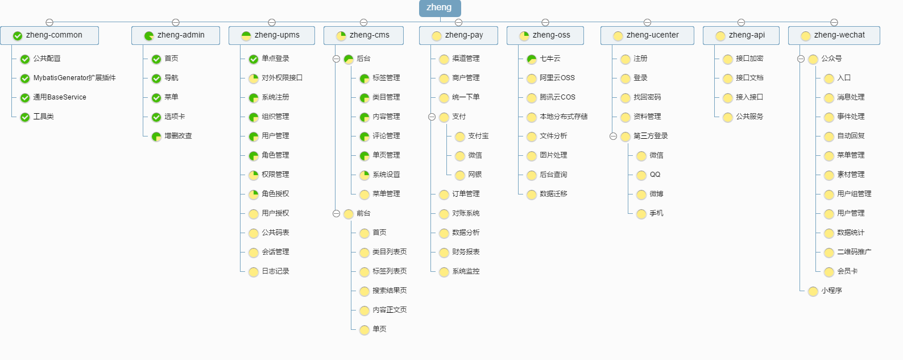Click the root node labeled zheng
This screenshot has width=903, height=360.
[x=440, y=7]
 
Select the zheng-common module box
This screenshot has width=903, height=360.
[x=49, y=35]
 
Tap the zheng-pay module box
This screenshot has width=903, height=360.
[x=458, y=35]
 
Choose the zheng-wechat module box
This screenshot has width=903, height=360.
[x=834, y=35]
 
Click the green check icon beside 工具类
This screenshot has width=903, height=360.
[x=25, y=117]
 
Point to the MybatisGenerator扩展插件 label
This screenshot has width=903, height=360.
[x=74, y=78]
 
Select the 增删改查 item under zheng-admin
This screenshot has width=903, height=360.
[x=178, y=136]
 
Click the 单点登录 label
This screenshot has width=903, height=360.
[x=275, y=59]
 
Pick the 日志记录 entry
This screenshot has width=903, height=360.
[x=275, y=271]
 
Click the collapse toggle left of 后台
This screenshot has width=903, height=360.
[x=336, y=59]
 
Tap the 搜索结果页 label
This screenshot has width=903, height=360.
[x=390, y=291]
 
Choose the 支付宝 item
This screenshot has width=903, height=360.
[x=478, y=136]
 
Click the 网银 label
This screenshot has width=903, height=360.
[x=475, y=175]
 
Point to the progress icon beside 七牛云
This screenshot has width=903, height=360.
[x=532, y=59]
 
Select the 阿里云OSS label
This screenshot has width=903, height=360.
[x=557, y=78]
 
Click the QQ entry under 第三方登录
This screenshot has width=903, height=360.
[x=655, y=175]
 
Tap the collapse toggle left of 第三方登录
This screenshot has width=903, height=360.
[x=613, y=136]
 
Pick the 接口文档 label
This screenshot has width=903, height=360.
[x=749, y=78]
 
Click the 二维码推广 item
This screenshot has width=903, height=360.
[x=854, y=252]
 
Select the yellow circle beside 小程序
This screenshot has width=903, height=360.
[x=813, y=291]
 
